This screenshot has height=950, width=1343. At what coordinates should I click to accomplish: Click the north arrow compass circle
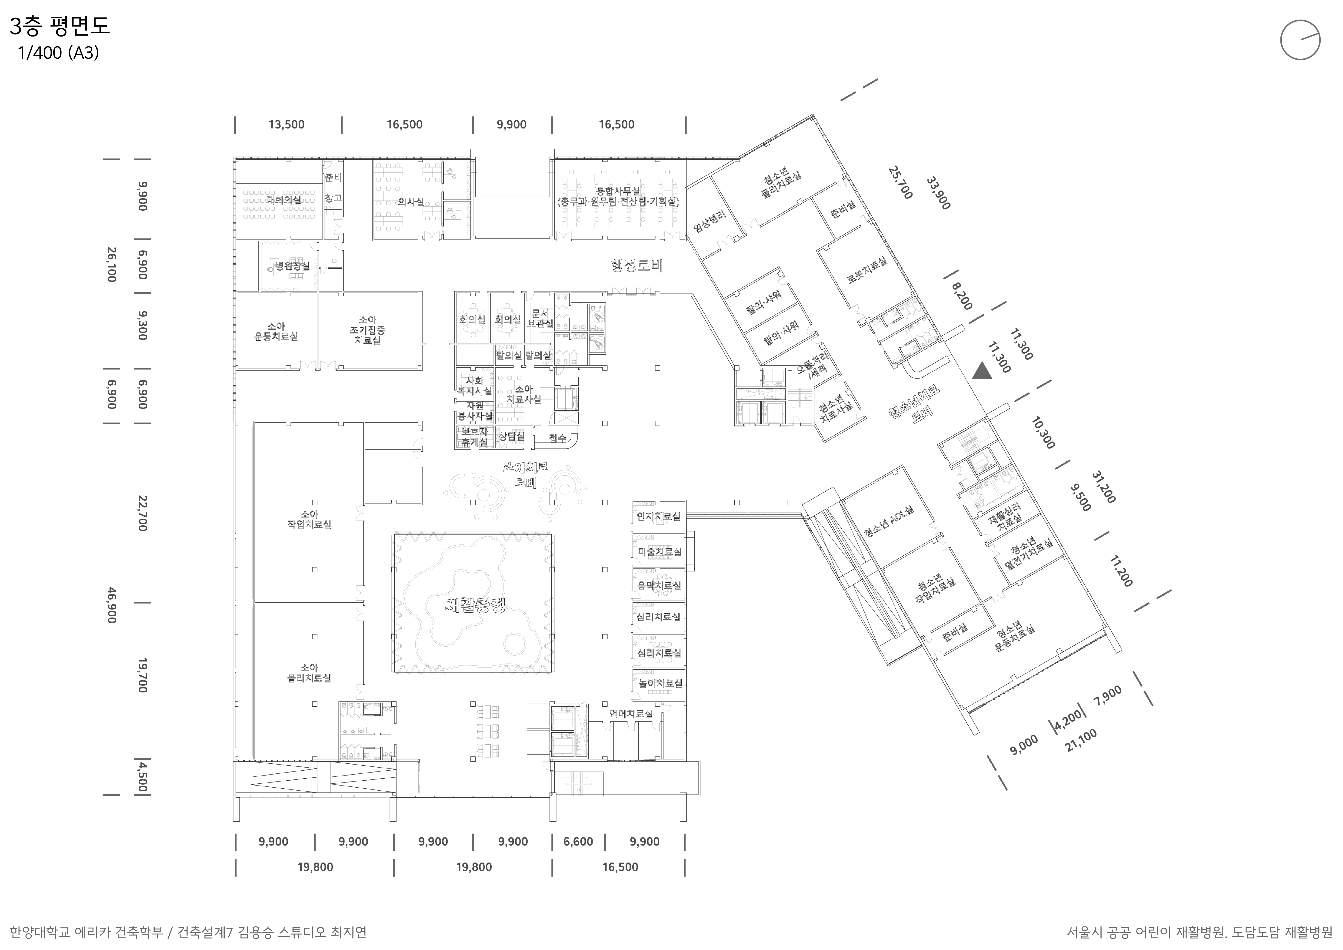click(x=1300, y=40)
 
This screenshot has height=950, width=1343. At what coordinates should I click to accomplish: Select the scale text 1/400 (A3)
click(x=59, y=53)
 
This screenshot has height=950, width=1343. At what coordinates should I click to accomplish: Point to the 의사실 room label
click(x=411, y=202)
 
